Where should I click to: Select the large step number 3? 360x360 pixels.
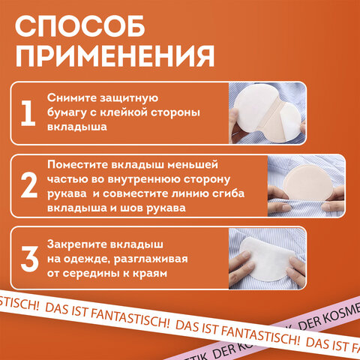[x=28, y=257]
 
